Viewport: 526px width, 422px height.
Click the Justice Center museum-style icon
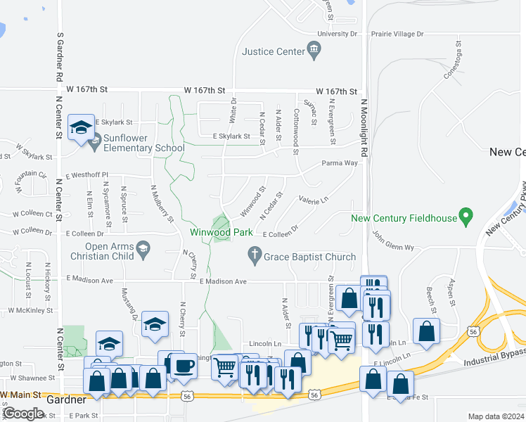click(314, 51)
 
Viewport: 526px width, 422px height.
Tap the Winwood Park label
click(221, 232)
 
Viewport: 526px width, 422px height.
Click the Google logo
click(23, 414)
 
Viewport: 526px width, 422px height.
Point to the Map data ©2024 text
click(496, 416)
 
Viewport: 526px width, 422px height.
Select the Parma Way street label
click(340, 163)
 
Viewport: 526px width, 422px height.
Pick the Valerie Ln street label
click(314, 200)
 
